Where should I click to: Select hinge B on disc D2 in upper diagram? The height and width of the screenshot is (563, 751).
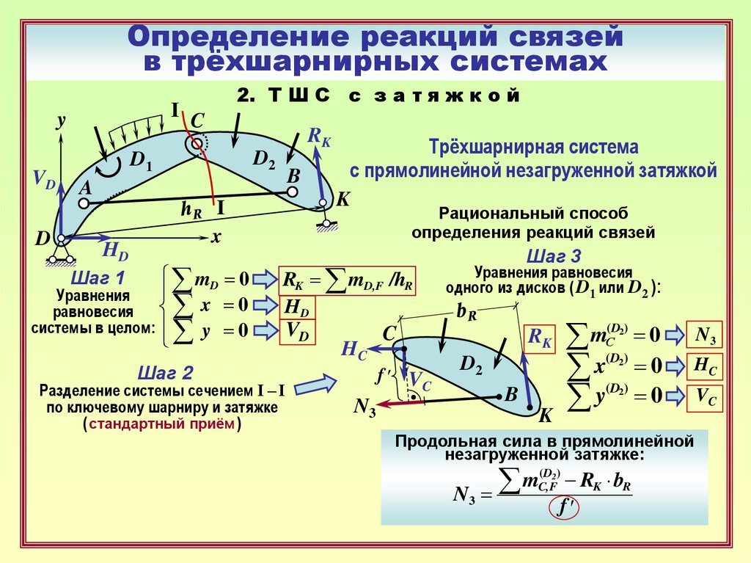coord(293,192)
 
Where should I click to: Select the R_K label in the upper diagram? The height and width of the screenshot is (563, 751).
coord(319,136)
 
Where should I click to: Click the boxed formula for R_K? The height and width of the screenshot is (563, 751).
coord(346,280)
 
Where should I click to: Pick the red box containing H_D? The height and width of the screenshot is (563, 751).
coord(296,306)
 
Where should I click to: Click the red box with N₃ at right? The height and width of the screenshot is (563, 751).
coord(705,336)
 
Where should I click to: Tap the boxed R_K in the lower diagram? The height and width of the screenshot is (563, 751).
coord(541,338)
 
